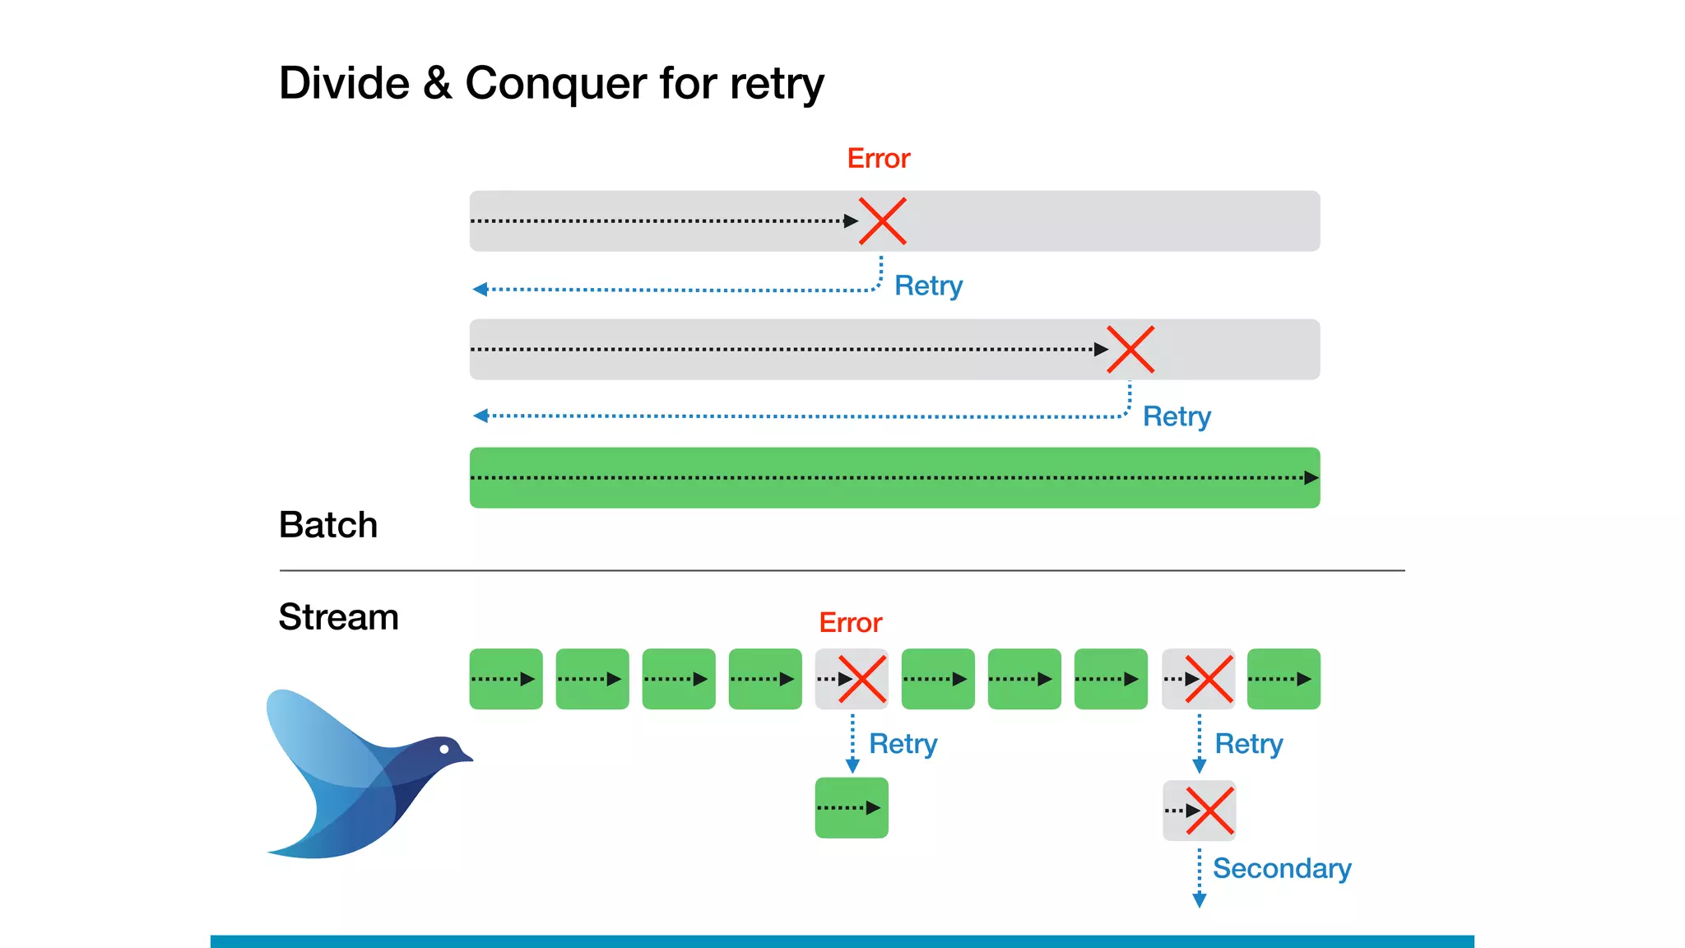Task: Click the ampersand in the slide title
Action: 437,84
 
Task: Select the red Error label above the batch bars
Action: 878,158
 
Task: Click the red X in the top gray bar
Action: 882,221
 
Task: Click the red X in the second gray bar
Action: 1130,349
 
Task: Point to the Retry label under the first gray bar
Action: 928,286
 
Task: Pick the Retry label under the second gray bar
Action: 1177,416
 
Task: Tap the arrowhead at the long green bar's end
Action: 1311,478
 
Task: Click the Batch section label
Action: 327,525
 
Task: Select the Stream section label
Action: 338,617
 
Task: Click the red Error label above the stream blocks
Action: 850,623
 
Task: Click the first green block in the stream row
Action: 505,679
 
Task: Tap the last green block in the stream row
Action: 1283,679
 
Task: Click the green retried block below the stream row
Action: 851,808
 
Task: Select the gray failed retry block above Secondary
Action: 1199,811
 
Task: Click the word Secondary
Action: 1281,869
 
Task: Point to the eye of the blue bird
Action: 444,749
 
